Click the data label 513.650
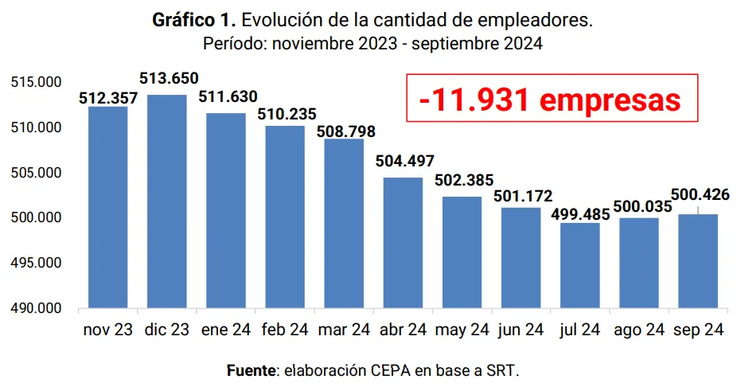pos(169,79)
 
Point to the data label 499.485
pos(580,213)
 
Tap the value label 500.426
pos(700,195)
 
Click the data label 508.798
pos(346,131)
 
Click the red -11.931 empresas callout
pos(551,99)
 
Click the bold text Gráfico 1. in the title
pos(186,21)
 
